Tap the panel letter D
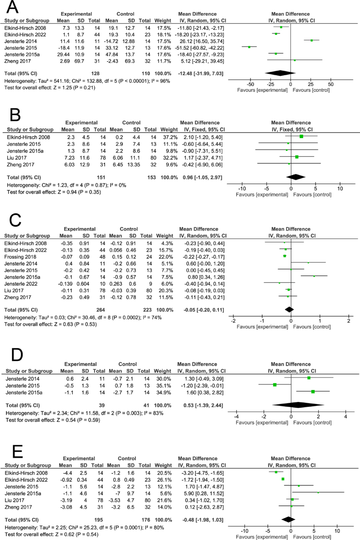coord(17,355)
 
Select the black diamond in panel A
coord(280,73)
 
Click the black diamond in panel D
coord(298,405)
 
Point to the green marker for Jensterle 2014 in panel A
coord(312,40)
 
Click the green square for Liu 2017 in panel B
coord(297,157)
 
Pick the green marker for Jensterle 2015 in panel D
coord(275,385)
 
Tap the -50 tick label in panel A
coord(250,84)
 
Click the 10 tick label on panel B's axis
coord(340,189)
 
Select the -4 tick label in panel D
coord(236,416)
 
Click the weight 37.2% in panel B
coord(169,137)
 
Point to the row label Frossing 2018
coord(20,257)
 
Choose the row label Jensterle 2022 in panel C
coord(21,284)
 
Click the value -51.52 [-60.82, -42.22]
coord(199,48)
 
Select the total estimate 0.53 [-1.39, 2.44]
coord(203,405)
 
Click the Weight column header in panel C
coord(165,236)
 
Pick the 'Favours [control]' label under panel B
coord(312,195)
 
